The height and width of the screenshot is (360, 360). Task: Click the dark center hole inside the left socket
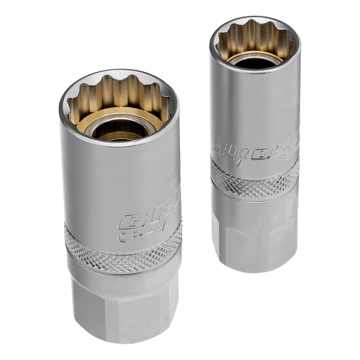pyautogui.click(x=119, y=129)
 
